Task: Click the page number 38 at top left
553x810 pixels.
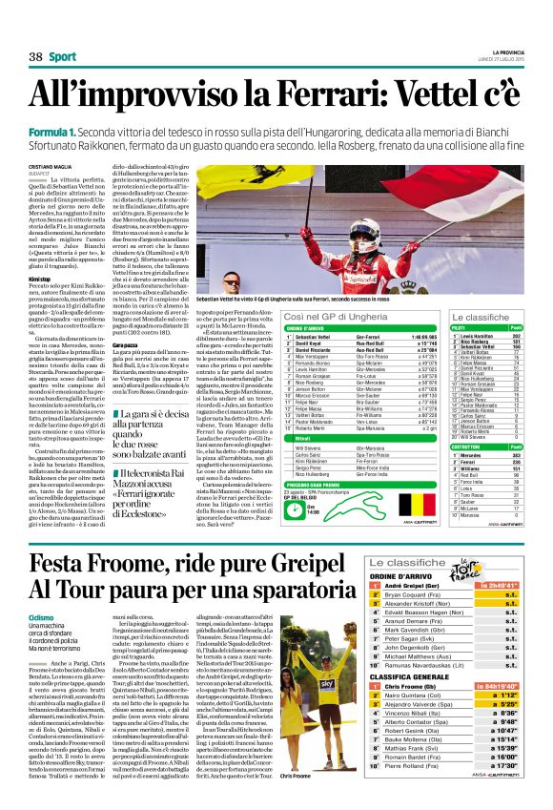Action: click(36, 57)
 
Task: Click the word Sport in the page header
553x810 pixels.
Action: click(63, 57)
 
